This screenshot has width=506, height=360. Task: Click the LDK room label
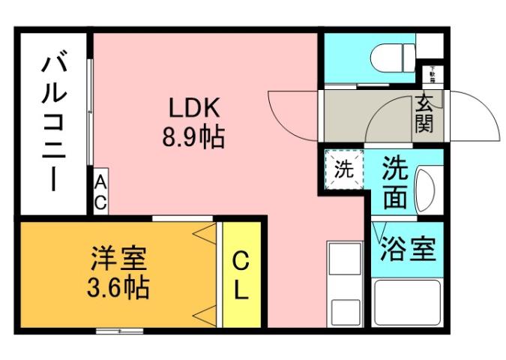tap(192, 109)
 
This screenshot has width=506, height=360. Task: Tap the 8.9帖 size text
tap(193, 137)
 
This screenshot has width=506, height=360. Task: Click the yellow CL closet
tap(240, 274)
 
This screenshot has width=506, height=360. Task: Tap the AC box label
tap(100, 192)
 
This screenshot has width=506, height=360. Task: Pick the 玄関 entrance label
tap(424, 114)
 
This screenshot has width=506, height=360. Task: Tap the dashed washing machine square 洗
tap(343, 169)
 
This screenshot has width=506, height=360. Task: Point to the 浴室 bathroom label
tap(408, 248)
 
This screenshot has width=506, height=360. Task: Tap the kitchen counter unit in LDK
tap(345, 283)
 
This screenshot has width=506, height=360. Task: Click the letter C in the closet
tap(240, 260)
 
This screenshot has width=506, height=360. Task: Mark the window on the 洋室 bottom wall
tap(120, 329)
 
